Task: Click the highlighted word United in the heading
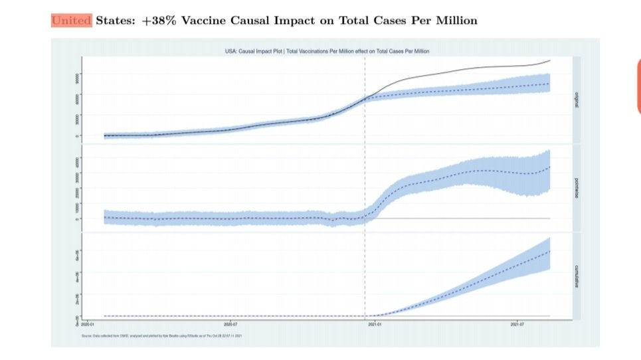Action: (x=72, y=21)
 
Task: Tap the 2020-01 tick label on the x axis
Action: (x=88, y=325)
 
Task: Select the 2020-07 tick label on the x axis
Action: (x=231, y=325)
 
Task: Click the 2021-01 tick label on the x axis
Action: (x=375, y=325)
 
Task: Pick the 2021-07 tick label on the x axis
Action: (x=518, y=325)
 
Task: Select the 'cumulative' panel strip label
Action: (x=576, y=276)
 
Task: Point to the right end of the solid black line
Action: (x=550, y=60)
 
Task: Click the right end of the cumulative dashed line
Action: (x=550, y=252)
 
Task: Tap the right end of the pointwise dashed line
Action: (x=550, y=167)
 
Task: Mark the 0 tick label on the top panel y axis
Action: (x=78, y=135)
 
